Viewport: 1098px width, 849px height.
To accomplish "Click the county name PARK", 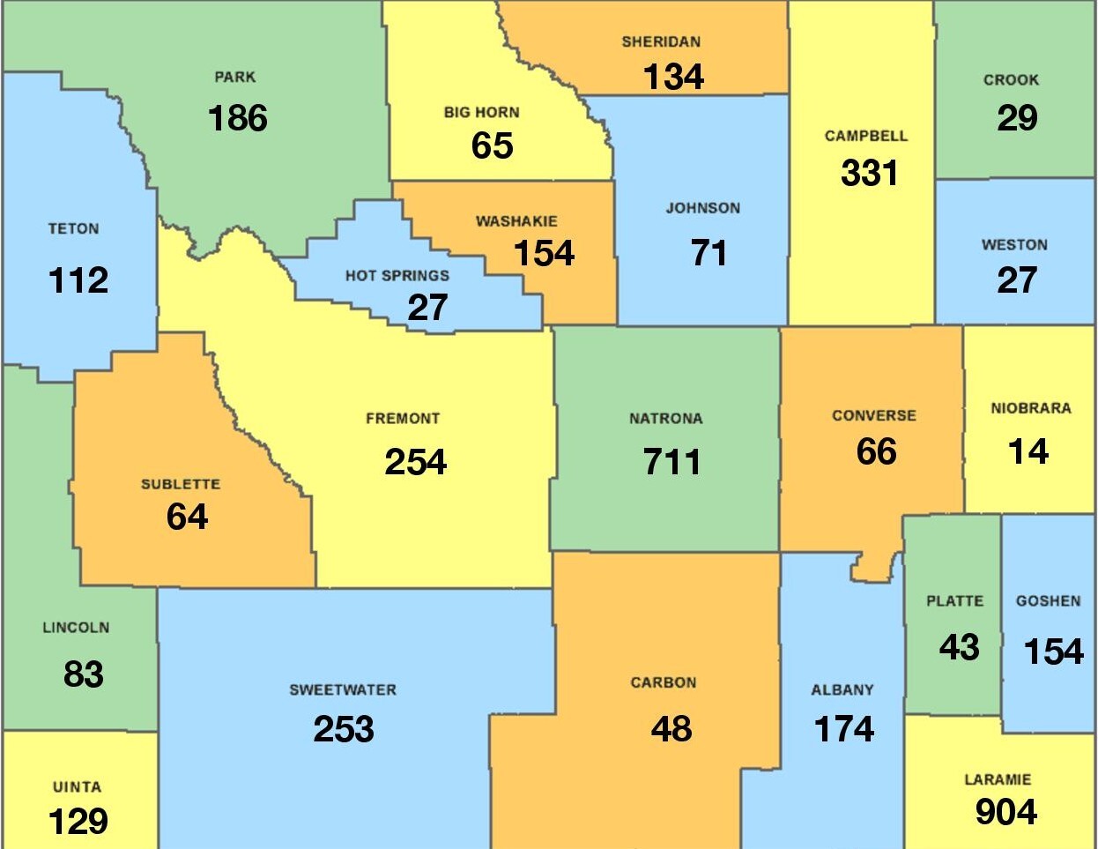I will [235, 78].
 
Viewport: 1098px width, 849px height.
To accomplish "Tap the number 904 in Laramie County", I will [1005, 812].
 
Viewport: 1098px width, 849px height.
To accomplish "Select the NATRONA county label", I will [665, 419].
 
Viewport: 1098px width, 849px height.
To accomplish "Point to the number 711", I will [671, 462].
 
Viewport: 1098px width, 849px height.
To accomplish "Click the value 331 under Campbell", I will [869, 174].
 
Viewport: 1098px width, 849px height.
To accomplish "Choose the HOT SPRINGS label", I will [397, 276].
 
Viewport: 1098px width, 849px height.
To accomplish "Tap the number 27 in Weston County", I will [1016, 281].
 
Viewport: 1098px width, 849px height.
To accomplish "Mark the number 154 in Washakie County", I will [544, 254].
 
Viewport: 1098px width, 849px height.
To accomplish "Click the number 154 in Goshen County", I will [1053, 652].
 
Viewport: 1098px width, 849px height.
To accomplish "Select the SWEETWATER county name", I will [343, 690].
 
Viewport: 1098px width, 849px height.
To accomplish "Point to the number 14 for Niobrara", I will [1028, 452].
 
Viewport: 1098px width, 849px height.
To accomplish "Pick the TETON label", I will [73, 229].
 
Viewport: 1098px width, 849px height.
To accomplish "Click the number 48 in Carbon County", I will [671, 729].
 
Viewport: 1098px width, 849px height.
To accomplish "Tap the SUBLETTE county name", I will [181, 485].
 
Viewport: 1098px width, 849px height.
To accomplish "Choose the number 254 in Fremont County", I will [415, 462].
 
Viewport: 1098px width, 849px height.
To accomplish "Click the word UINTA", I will [77, 787].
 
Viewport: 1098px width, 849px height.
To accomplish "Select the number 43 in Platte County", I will [959, 648].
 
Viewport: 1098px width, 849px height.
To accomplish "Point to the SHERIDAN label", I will [661, 42].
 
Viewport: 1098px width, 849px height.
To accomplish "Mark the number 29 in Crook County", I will [1017, 118].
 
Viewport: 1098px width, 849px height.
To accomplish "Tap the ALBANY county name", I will [842, 690].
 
